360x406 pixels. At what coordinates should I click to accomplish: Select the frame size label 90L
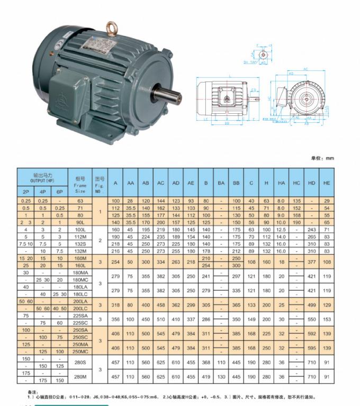(80, 223)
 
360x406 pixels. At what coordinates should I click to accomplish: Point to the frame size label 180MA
(80, 272)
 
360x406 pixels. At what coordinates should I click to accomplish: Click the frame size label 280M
(80, 376)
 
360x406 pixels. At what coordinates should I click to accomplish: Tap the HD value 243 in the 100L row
(312, 230)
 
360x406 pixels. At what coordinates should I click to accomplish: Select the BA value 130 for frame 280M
(221, 376)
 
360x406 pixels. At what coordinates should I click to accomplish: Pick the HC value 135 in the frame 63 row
(296, 201)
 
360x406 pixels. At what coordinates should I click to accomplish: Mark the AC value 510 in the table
(160, 320)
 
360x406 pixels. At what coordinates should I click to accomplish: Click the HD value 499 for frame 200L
(312, 305)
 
